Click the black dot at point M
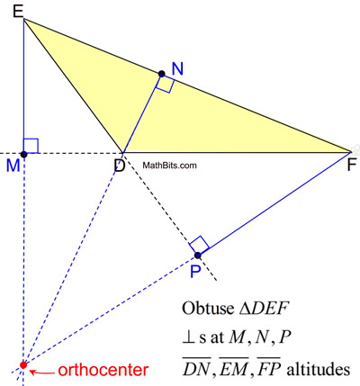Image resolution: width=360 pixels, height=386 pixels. (24, 154)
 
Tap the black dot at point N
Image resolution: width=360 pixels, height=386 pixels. (162, 74)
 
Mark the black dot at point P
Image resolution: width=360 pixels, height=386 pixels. (198, 256)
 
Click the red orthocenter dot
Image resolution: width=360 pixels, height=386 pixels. (23, 364)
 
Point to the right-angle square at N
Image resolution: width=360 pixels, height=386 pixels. (165, 84)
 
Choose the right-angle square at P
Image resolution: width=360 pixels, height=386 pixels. (201, 244)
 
